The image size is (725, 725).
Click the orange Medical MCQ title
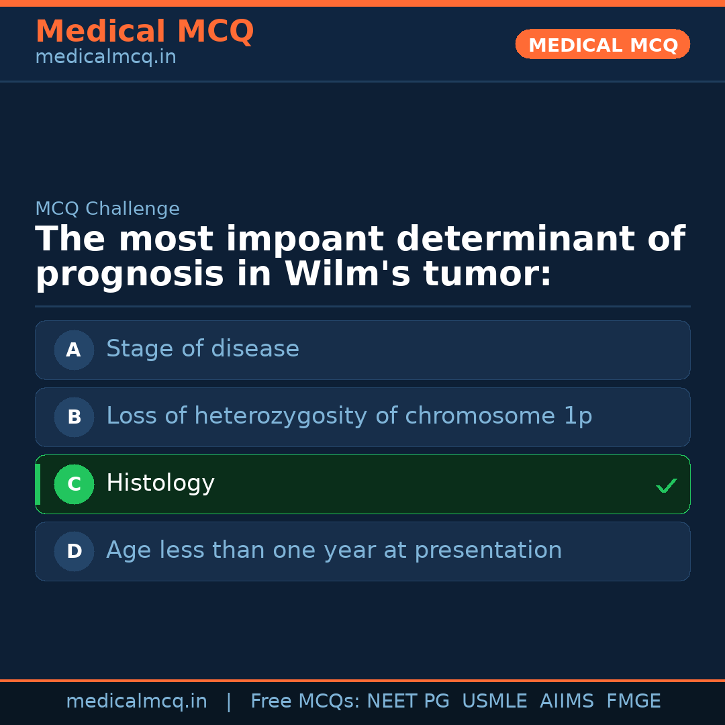coord(144,32)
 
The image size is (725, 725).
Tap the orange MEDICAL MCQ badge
coord(603,45)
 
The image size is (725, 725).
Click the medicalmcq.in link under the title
coord(105,58)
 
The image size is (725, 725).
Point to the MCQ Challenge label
coord(107,209)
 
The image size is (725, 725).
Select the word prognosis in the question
coord(130,275)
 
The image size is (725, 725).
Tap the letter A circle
coord(74,350)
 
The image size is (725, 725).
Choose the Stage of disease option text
coord(203,349)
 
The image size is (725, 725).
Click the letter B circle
coord(74,417)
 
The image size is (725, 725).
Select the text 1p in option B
coord(577,417)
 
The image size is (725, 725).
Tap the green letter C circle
coord(74,484)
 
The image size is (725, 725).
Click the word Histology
coord(160,483)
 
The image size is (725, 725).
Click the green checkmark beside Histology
coord(666,485)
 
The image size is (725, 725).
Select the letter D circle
coord(74,551)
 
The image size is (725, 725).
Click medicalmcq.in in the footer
coord(137,702)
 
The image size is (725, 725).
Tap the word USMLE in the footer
coord(494,702)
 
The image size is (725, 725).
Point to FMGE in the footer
coord(633,702)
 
